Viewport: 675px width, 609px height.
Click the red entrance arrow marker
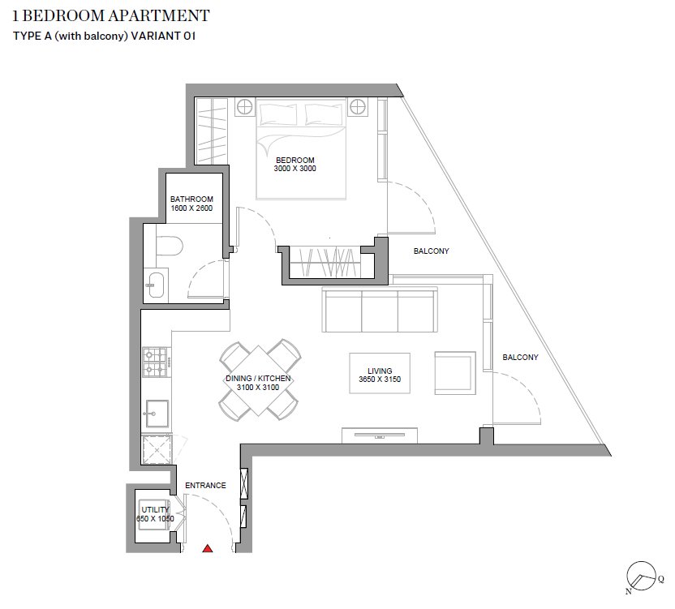(x=208, y=549)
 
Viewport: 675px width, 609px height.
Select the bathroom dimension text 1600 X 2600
(x=191, y=208)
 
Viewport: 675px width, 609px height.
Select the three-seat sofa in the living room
(x=379, y=309)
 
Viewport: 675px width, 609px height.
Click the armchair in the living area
(x=454, y=373)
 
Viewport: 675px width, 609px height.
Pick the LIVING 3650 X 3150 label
(x=380, y=374)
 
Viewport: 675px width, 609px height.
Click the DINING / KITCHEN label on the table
(x=258, y=383)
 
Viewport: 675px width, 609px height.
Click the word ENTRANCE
(x=205, y=486)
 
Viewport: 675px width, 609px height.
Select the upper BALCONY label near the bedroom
(x=431, y=251)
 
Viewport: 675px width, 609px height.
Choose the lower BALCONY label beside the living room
(x=520, y=357)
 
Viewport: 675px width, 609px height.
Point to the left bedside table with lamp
(x=244, y=106)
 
